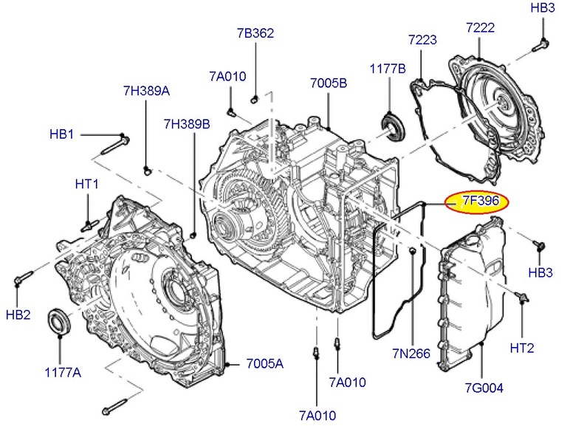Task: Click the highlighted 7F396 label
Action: point(476,202)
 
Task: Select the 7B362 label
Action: point(255,32)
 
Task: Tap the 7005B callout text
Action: point(328,83)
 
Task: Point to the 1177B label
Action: point(388,69)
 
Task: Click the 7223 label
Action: point(423,38)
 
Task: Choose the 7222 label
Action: point(480,28)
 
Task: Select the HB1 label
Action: point(62,134)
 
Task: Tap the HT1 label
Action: point(86,182)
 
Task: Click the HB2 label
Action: point(18,315)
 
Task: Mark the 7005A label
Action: point(265,364)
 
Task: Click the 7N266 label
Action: point(411,354)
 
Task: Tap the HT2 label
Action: point(522,348)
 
